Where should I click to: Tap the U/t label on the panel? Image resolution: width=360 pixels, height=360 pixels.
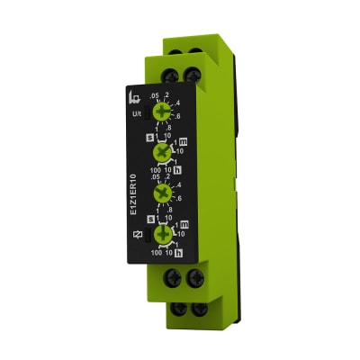click(x=138, y=115)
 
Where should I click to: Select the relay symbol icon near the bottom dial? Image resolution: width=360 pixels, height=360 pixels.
click(x=137, y=237)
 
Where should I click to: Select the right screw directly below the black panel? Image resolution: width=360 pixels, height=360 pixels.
click(x=192, y=280)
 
